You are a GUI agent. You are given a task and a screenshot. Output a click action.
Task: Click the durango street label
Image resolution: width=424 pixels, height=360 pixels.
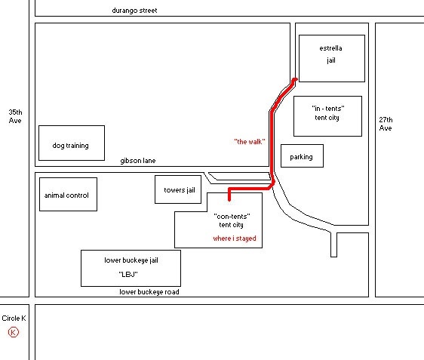coord(134,11)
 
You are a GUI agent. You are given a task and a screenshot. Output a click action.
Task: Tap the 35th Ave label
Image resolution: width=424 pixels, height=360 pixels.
coord(15,116)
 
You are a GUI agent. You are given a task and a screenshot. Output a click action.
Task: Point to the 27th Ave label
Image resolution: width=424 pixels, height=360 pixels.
coord(386,124)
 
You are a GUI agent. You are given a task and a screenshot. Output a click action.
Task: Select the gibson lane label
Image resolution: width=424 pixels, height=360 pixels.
coord(138,161)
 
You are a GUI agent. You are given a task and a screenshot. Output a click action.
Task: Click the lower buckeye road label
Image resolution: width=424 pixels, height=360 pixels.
coord(149,292)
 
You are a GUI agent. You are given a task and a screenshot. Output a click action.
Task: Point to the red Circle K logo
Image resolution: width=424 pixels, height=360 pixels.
coord(14,332)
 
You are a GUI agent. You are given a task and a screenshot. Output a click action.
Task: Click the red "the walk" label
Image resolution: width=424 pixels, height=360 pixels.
coord(250,142)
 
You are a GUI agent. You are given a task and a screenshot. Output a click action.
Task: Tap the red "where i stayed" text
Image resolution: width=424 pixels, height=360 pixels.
coord(235,238)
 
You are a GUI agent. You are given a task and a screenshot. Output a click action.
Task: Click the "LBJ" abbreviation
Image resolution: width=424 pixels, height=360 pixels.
coord(128,274)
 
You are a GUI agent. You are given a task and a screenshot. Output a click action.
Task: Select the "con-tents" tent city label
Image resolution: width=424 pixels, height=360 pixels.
coord(232,220)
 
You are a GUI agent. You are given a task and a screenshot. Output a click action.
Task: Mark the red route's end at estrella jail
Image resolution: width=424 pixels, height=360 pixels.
coord(296,79)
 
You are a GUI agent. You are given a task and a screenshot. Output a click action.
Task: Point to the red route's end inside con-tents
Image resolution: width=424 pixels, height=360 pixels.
coord(229,199)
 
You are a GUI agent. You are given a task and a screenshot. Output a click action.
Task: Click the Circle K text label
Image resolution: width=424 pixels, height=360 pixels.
coord(14,318)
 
